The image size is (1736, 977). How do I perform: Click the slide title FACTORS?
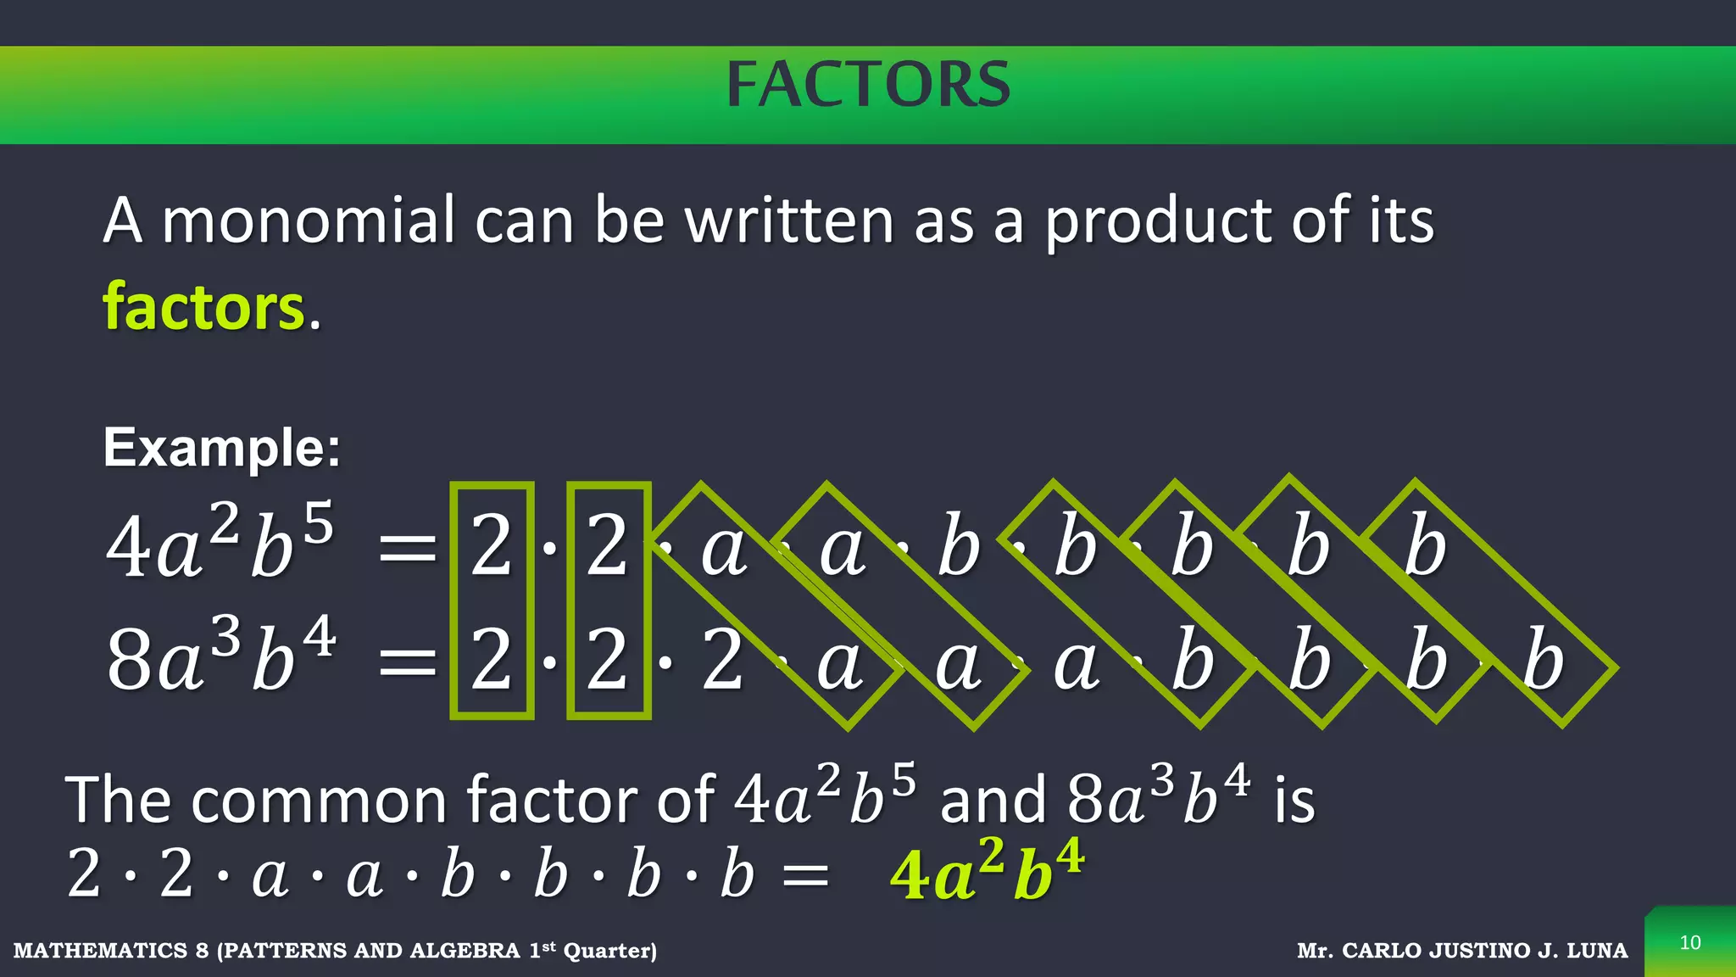click(x=868, y=85)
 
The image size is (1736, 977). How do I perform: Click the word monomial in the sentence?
click(x=308, y=221)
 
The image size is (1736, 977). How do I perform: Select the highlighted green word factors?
click(x=203, y=307)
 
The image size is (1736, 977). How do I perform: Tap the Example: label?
click(x=221, y=447)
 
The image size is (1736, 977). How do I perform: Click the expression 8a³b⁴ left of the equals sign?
click(x=220, y=658)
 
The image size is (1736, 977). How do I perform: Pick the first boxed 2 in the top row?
click(x=492, y=547)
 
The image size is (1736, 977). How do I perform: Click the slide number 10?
click(x=1690, y=943)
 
